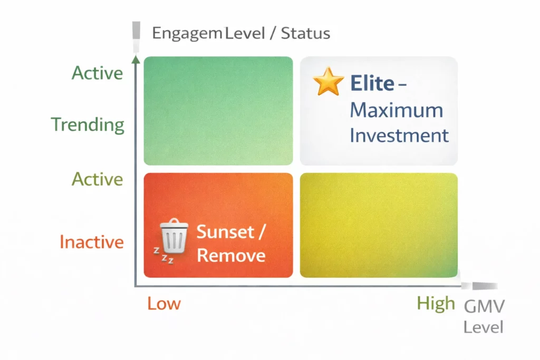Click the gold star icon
(x=328, y=81)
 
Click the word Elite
(x=372, y=83)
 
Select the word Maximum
(x=396, y=110)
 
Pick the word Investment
(x=399, y=135)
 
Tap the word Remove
(x=230, y=256)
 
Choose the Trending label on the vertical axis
(x=88, y=125)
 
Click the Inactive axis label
(x=91, y=242)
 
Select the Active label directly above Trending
(x=97, y=73)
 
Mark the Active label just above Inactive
(x=97, y=179)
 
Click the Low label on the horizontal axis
(x=164, y=304)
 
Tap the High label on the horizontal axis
(x=436, y=303)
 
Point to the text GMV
(x=484, y=306)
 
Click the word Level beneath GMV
(x=483, y=327)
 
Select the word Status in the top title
(x=305, y=34)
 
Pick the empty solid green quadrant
(x=218, y=111)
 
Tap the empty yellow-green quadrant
(x=378, y=225)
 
